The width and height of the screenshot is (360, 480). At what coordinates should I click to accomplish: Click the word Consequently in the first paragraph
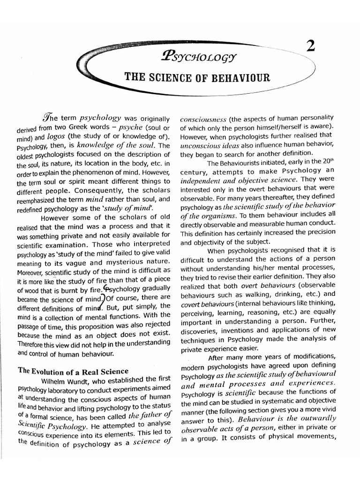[90, 191]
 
